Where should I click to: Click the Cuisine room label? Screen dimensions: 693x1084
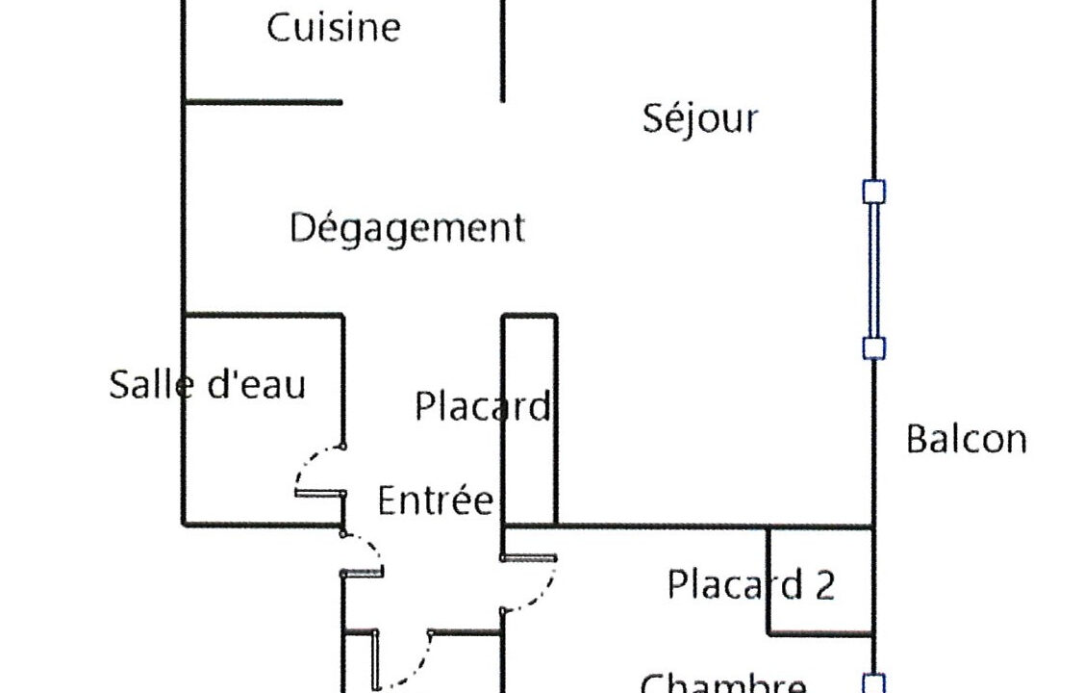333,27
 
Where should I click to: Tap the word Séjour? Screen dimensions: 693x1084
700,118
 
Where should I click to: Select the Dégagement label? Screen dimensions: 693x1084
408,229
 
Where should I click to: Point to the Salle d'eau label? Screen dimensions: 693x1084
207,385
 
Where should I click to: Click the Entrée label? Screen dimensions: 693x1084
436,500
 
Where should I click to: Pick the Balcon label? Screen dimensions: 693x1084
967,440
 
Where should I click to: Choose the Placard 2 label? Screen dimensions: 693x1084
751,584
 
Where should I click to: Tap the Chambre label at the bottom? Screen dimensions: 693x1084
723,683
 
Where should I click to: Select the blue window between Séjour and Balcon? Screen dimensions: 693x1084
873,270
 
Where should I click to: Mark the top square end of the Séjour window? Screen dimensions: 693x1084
873,192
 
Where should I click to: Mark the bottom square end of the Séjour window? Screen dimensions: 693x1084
873,348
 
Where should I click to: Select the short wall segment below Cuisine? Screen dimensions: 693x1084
263,101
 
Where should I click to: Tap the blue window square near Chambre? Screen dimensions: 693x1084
873,684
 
